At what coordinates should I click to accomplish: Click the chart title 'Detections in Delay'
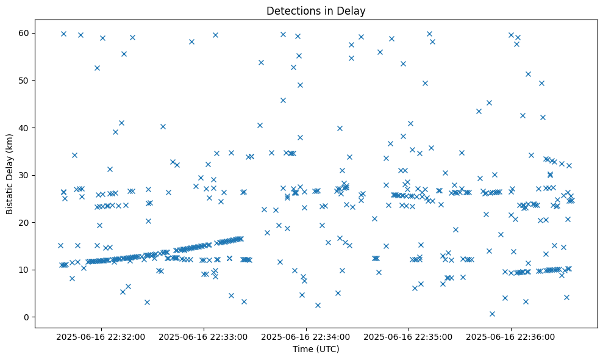click(316, 10)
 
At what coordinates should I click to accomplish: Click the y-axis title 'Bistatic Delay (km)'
click(10, 174)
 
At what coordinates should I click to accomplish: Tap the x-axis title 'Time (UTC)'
click(316, 350)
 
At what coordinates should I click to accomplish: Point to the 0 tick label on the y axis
click(27, 317)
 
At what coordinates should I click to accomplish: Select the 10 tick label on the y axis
click(24, 270)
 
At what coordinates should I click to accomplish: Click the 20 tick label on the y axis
click(24, 223)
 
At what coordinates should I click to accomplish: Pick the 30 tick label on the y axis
click(24, 175)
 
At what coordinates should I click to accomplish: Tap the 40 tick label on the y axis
click(24, 128)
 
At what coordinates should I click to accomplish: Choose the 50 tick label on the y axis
click(24, 81)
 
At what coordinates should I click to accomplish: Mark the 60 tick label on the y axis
click(24, 33)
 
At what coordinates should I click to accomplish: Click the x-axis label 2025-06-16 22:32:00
click(101, 336)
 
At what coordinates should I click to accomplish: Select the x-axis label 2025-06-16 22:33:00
click(204, 336)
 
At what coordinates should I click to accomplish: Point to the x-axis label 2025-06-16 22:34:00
click(306, 336)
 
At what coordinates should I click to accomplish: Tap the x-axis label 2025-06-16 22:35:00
click(409, 336)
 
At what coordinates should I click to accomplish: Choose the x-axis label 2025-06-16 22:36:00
click(511, 336)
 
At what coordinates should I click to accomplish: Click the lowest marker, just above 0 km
click(492, 314)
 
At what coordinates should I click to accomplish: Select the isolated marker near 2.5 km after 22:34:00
click(318, 305)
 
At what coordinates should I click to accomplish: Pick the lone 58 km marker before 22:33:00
click(191, 41)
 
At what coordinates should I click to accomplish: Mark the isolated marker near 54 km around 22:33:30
click(261, 62)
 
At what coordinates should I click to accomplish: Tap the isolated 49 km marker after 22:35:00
click(425, 83)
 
